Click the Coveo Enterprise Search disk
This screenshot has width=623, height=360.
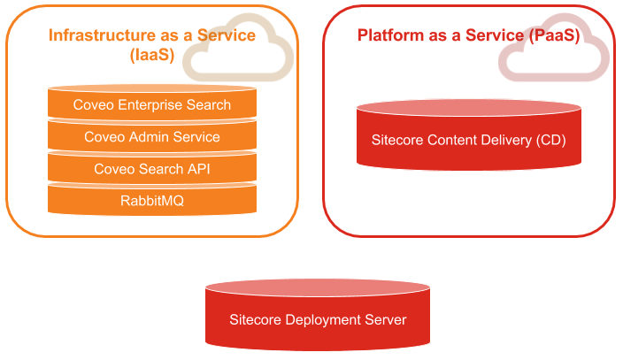click(152, 105)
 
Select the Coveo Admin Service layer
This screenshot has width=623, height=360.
click(152, 137)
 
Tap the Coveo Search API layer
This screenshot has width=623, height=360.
click(152, 168)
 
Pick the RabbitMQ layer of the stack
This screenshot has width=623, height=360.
click(152, 201)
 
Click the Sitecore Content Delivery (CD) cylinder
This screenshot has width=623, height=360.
click(469, 140)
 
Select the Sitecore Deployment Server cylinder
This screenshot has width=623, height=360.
click(318, 319)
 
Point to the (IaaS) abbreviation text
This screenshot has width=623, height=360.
click(152, 55)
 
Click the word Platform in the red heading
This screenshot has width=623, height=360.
click(388, 35)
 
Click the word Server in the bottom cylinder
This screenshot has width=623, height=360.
click(386, 319)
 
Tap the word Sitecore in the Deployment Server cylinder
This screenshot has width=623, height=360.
click(256, 319)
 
